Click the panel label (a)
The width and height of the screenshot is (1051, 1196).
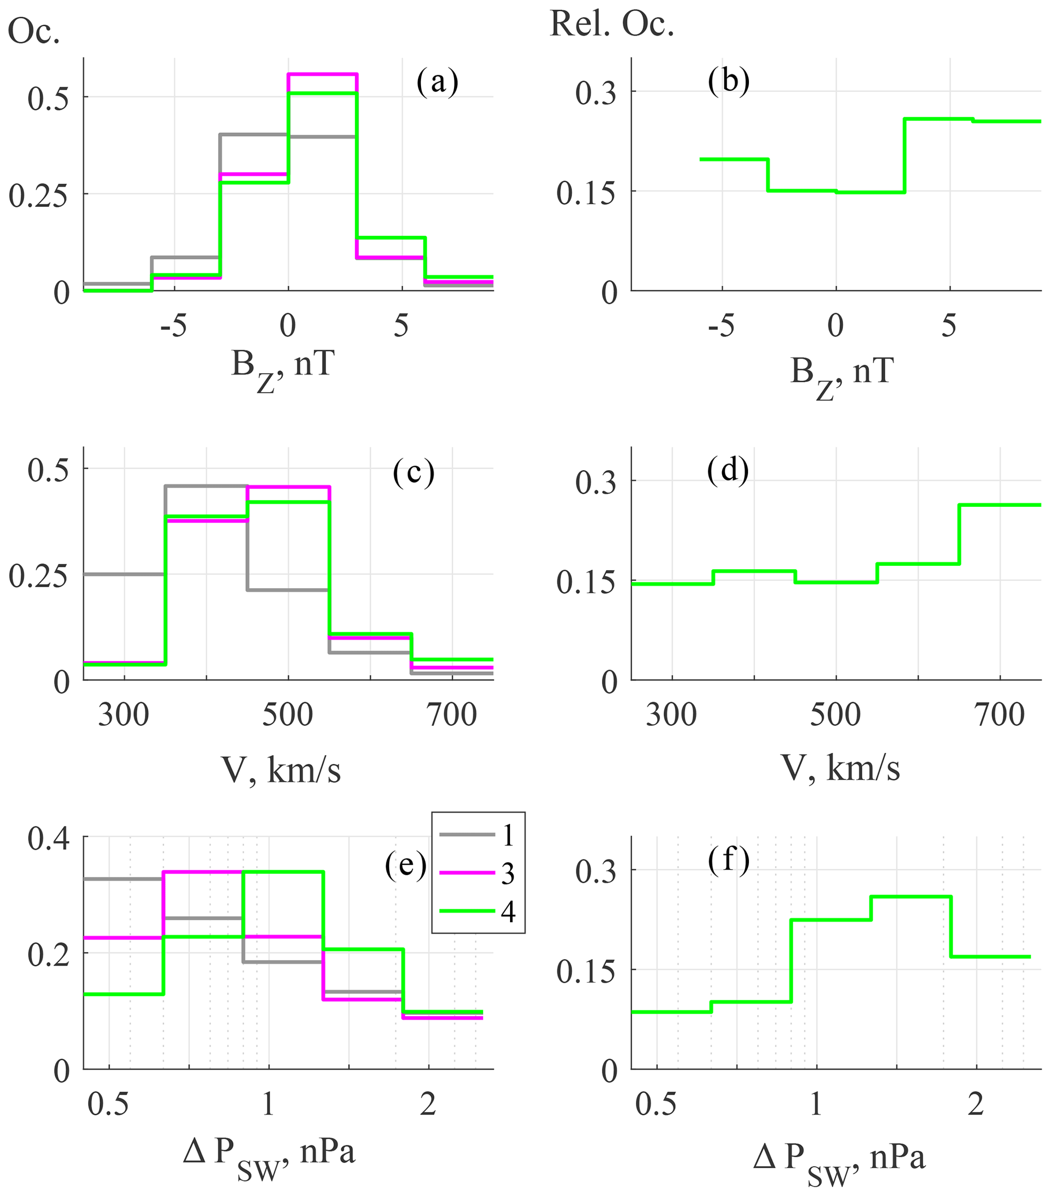click(x=437, y=82)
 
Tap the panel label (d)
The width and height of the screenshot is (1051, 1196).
click(x=728, y=471)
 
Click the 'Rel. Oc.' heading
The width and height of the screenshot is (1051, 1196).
click(x=612, y=24)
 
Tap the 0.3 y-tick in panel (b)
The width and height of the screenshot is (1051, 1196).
click(x=596, y=93)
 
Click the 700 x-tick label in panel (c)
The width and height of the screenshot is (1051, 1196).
click(x=452, y=715)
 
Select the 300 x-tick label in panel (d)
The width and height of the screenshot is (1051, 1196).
click(x=671, y=715)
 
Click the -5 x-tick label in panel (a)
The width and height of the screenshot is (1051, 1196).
click(x=173, y=325)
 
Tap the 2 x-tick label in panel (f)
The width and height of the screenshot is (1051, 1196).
click(x=976, y=1104)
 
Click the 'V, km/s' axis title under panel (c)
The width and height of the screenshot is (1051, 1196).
click(x=281, y=770)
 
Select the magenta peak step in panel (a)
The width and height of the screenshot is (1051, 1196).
click(x=322, y=74)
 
